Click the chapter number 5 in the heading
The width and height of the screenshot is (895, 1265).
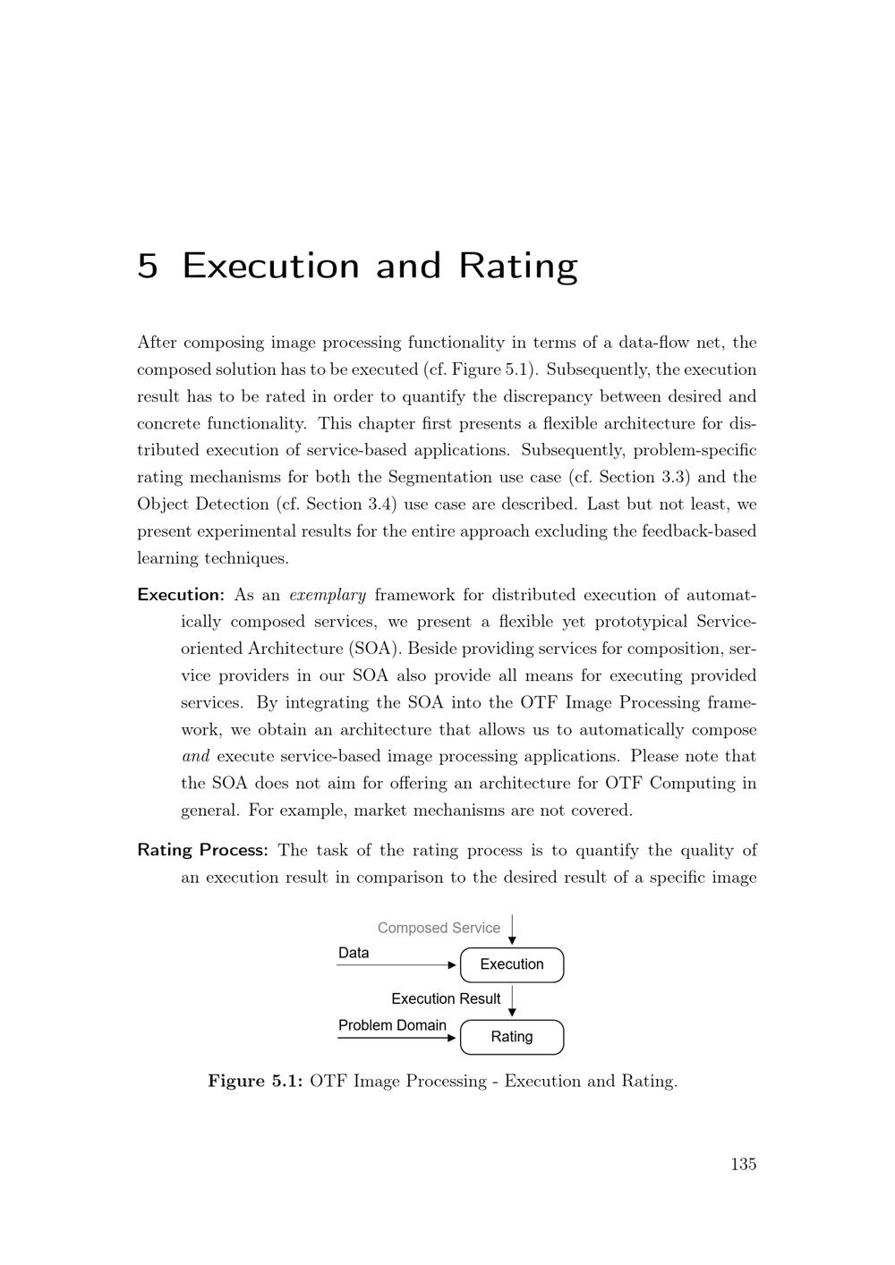[148, 266]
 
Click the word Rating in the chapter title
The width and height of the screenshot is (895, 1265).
[518, 267]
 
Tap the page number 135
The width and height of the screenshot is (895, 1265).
[743, 1164]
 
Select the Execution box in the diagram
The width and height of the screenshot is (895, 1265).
[512, 964]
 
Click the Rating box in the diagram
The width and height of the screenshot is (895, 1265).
[512, 1037]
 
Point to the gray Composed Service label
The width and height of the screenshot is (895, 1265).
[439, 928]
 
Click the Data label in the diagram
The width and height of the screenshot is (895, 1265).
[354, 953]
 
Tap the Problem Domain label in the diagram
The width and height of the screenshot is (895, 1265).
[392, 1025]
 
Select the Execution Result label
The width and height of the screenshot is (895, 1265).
[446, 998]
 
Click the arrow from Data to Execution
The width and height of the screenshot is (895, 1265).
[398, 965]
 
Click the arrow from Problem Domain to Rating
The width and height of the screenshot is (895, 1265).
[398, 1038]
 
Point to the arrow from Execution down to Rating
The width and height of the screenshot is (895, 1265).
[512, 1001]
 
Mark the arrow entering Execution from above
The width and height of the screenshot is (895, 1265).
[512, 930]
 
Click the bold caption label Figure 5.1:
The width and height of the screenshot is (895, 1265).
[256, 1081]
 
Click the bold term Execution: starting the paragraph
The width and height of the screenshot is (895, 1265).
[181, 595]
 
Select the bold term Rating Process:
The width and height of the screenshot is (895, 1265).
[202, 850]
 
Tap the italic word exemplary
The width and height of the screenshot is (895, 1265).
[328, 595]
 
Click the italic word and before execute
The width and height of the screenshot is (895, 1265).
[195, 756]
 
